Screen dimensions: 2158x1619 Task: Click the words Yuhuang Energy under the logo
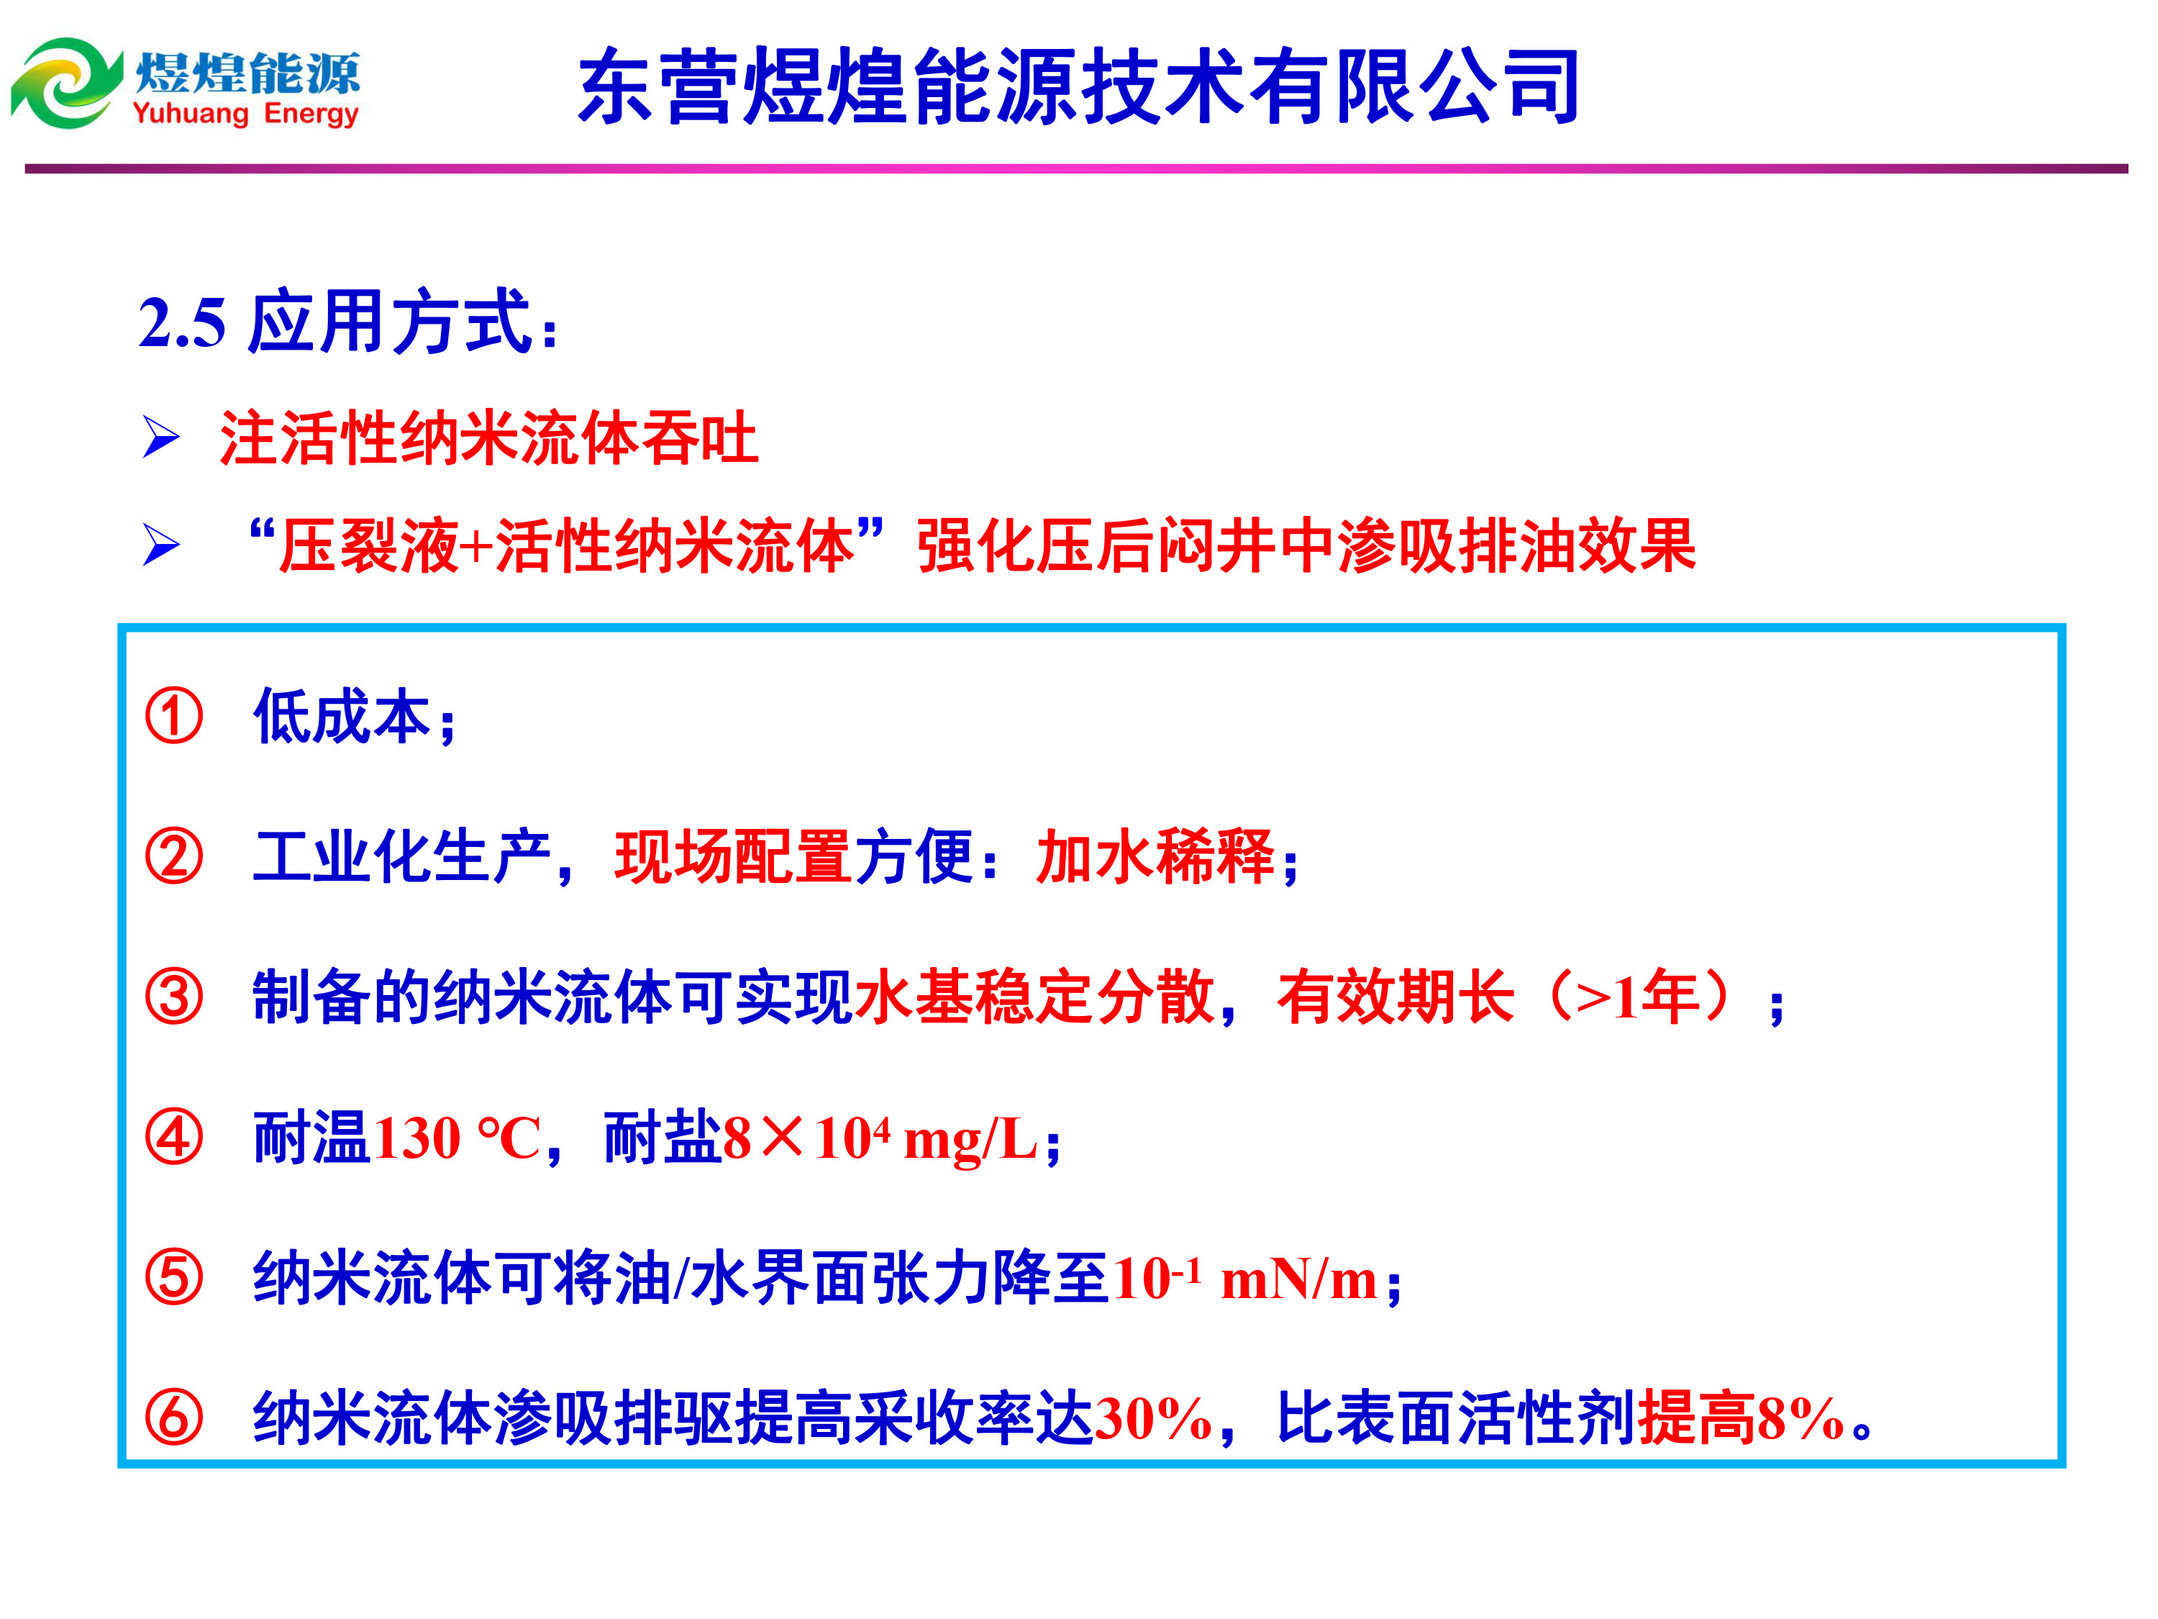(246, 114)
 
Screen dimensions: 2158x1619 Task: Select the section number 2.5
(183, 323)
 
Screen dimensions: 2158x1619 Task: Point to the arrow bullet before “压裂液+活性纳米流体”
(161, 545)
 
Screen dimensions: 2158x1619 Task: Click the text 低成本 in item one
(342, 715)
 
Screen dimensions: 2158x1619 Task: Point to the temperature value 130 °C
(457, 1138)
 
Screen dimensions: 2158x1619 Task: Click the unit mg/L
(970, 1140)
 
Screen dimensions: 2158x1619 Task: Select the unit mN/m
(1298, 1279)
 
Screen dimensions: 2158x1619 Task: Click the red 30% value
(1153, 1419)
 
